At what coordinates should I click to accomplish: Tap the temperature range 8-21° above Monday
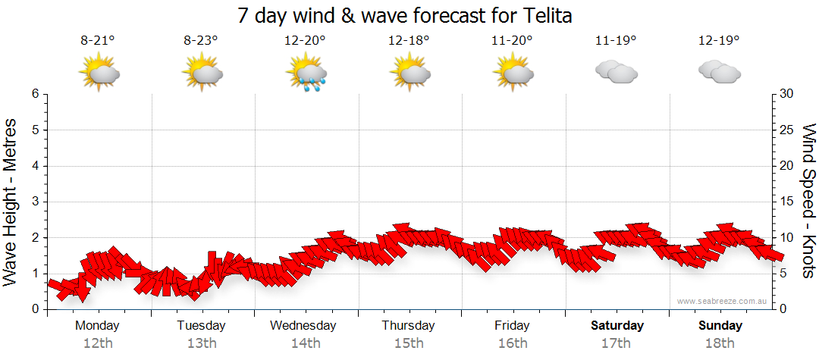(98, 40)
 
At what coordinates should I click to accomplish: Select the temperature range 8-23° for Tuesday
(201, 40)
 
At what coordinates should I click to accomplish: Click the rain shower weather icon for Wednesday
(306, 74)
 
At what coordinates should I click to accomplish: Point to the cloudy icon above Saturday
(616, 72)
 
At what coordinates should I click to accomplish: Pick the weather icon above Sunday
(719, 72)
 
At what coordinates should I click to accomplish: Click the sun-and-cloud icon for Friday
(513, 74)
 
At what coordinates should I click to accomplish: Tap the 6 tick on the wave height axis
(34, 94)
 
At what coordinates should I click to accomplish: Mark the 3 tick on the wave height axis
(34, 202)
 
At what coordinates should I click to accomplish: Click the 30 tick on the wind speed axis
(788, 94)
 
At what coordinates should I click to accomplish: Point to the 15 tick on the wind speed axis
(788, 202)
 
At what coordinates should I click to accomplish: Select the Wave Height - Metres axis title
(11, 202)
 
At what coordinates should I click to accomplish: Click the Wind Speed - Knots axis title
(808, 202)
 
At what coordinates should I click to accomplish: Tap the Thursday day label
(408, 326)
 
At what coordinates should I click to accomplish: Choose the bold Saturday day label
(617, 326)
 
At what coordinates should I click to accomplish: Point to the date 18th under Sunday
(720, 343)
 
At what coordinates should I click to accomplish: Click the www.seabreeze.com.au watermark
(722, 302)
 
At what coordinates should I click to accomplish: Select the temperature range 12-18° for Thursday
(409, 40)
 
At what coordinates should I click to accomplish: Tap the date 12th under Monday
(97, 343)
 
